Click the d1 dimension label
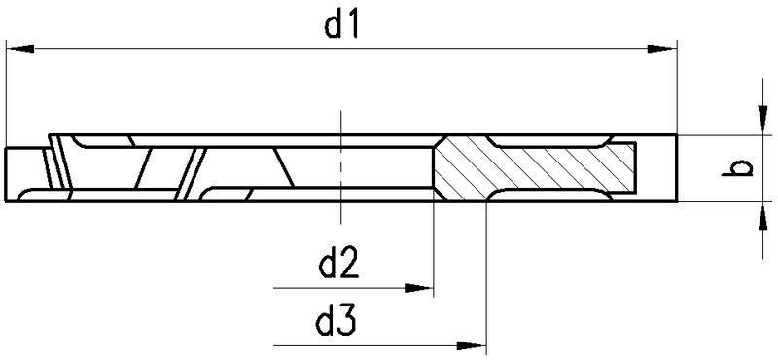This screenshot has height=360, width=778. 341,26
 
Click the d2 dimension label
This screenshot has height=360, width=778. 338,266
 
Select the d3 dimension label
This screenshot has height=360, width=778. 336,322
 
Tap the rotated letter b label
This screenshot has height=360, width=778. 738,167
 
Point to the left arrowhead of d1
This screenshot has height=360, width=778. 19,49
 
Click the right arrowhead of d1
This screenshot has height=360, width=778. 662,49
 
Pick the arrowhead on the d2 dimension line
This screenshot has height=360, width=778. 419,288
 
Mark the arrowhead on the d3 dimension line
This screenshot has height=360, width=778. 472,345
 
